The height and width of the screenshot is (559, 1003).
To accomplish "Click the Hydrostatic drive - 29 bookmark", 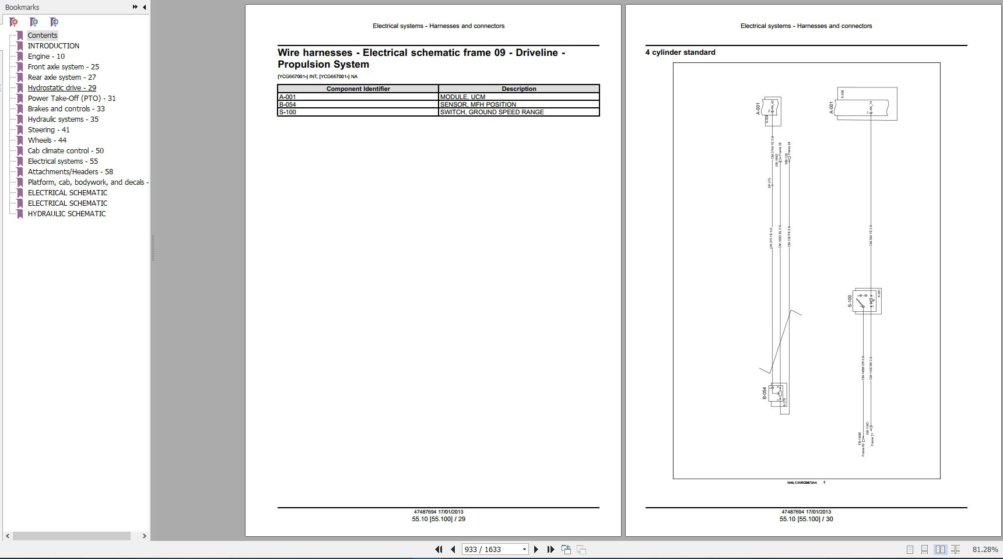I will (x=62, y=88).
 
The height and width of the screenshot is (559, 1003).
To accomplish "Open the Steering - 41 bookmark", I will (x=48, y=130).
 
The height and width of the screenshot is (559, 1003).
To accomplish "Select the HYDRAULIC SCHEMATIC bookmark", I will (x=66, y=214).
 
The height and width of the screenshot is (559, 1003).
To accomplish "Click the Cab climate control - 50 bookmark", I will (x=65, y=151).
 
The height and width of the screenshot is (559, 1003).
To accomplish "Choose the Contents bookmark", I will (x=43, y=36).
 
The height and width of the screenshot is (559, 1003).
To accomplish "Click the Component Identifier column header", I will (x=357, y=89).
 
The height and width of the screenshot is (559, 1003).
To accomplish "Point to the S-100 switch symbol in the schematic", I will (x=867, y=301).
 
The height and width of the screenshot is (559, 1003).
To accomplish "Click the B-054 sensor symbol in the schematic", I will (x=778, y=394).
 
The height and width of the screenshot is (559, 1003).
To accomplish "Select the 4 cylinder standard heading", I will (x=680, y=52).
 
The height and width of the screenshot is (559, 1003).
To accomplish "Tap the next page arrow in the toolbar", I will (x=536, y=550).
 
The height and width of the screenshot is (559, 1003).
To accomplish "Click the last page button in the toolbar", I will (x=550, y=550).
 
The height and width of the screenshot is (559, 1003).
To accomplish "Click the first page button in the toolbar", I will (x=439, y=550).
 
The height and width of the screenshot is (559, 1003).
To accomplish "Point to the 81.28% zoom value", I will (x=985, y=550).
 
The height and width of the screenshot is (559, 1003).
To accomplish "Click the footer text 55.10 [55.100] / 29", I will (x=439, y=519).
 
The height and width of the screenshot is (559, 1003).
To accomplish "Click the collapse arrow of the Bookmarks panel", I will (x=145, y=7).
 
